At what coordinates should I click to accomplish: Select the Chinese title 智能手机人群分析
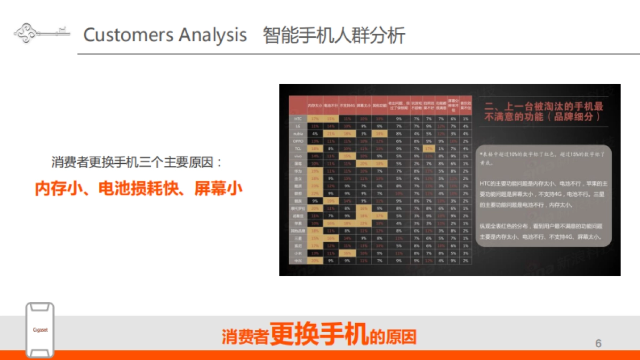coord(334,35)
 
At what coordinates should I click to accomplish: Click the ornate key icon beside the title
coord(42,32)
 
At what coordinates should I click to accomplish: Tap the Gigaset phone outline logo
coord(40,330)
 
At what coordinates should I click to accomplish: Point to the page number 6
coord(598,343)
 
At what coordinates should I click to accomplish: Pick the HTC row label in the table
coord(298,118)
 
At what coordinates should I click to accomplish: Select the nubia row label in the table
coord(298,133)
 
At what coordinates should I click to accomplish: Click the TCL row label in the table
coord(298,148)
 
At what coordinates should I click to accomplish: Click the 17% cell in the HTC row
coord(315,118)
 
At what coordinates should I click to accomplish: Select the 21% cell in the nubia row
coord(331,133)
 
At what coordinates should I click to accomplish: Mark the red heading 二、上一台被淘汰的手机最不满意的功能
coord(543,110)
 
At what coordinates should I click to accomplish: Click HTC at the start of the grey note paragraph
coord(484,183)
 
